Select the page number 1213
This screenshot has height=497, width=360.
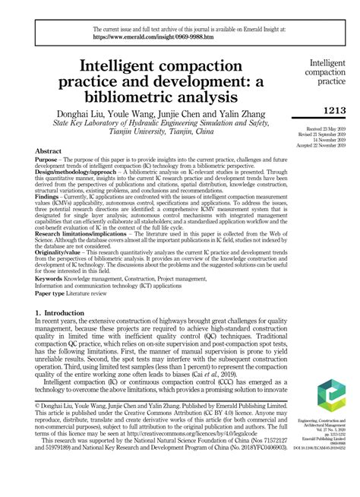(x=334, y=112)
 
